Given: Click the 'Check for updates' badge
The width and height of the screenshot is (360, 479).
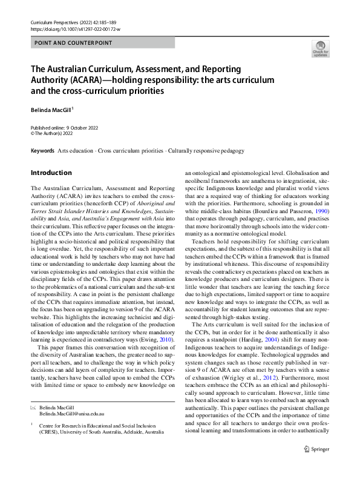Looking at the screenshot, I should click(320, 48).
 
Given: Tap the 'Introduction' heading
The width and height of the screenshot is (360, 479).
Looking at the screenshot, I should click(51, 173).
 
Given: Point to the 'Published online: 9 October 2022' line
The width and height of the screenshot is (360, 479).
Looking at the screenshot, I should click(64, 128).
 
